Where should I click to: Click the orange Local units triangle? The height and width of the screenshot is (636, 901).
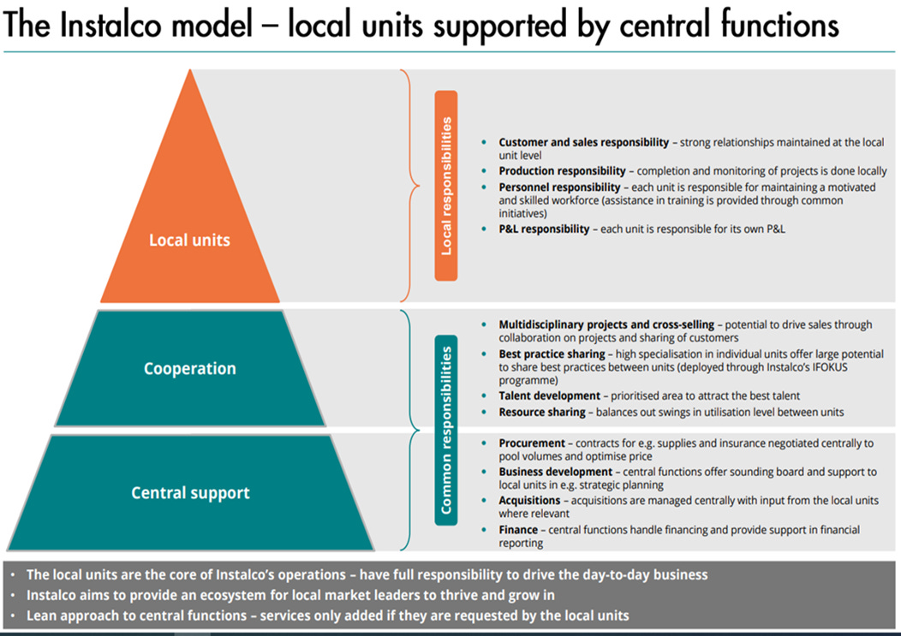pos(190,240)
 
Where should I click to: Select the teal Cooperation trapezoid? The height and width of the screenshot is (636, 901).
pos(190,369)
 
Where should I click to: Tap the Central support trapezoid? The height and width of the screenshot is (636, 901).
pos(190,493)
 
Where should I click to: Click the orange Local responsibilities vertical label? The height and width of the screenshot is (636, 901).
pos(446,186)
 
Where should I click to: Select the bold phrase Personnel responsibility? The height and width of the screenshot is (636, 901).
pos(559,187)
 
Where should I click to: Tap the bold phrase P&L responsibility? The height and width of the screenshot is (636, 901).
pos(544,229)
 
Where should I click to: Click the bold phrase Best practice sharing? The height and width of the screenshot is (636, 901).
pos(552,354)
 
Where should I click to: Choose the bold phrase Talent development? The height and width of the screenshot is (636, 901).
pos(549,396)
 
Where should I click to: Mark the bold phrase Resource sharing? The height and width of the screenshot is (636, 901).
pos(542,413)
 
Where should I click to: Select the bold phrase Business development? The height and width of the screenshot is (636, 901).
pos(555,472)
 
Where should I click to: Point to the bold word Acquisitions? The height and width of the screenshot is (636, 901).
pos(529,501)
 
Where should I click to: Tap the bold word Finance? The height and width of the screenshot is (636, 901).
pos(519,531)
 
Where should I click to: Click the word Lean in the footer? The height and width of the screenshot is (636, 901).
pos(41,615)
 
